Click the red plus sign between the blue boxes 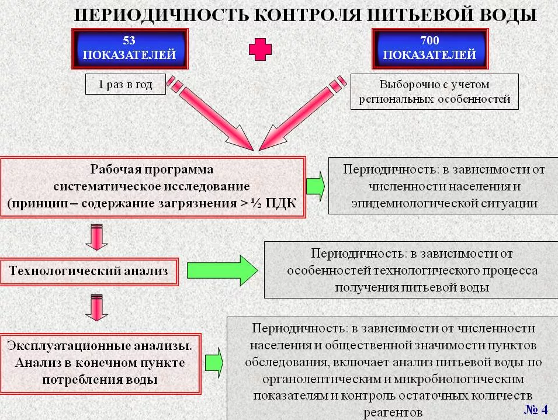click(261, 50)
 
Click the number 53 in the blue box click(129, 41)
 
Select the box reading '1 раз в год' click(125, 85)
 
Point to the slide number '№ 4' click(535, 408)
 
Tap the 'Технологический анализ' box click(89, 271)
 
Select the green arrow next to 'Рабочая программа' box click(316, 185)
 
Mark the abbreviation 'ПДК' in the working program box click(282, 203)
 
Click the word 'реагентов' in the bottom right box click(392, 411)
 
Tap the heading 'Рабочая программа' click(151, 169)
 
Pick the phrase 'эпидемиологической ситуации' click(445, 203)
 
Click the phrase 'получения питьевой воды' click(412, 287)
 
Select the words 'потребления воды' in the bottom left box click(100, 380)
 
